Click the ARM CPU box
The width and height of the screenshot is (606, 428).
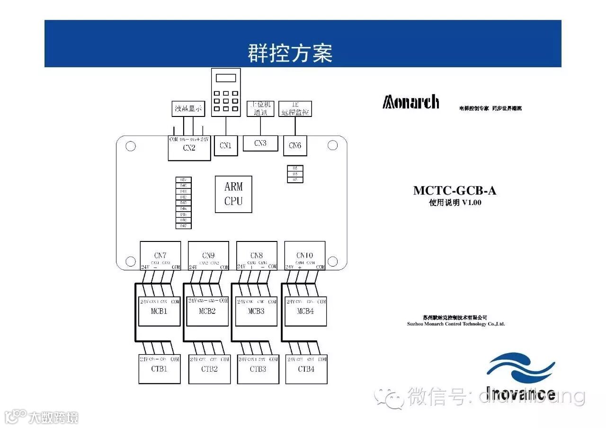(x=233, y=194)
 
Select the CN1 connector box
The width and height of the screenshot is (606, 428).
(x=225, y=146)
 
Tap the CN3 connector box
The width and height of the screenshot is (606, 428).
(x=260, y=143)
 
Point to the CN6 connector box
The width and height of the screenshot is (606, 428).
(x=295, y=146)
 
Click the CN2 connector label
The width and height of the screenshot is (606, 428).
(x=189, y=148)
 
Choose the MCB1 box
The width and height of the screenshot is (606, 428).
(x=159, y=311)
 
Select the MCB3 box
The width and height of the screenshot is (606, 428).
(x=256, y=311)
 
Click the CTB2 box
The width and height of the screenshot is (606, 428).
(x=209, y=369)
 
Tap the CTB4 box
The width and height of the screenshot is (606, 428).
(x=306, y=369)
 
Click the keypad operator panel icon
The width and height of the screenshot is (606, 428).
(x=225, y=93)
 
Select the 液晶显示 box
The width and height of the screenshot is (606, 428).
(x=188, y=108)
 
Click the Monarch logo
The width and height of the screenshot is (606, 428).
(x=411, y=102)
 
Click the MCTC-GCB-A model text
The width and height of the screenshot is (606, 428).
(x=454, y=191)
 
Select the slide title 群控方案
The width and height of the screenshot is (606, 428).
(x=290, y=53)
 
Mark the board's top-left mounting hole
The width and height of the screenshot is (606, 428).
(x=131, y=146)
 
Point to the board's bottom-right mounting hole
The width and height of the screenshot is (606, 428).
(x=332, y=261)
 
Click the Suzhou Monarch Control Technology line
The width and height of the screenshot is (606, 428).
(x=456, y=324)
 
